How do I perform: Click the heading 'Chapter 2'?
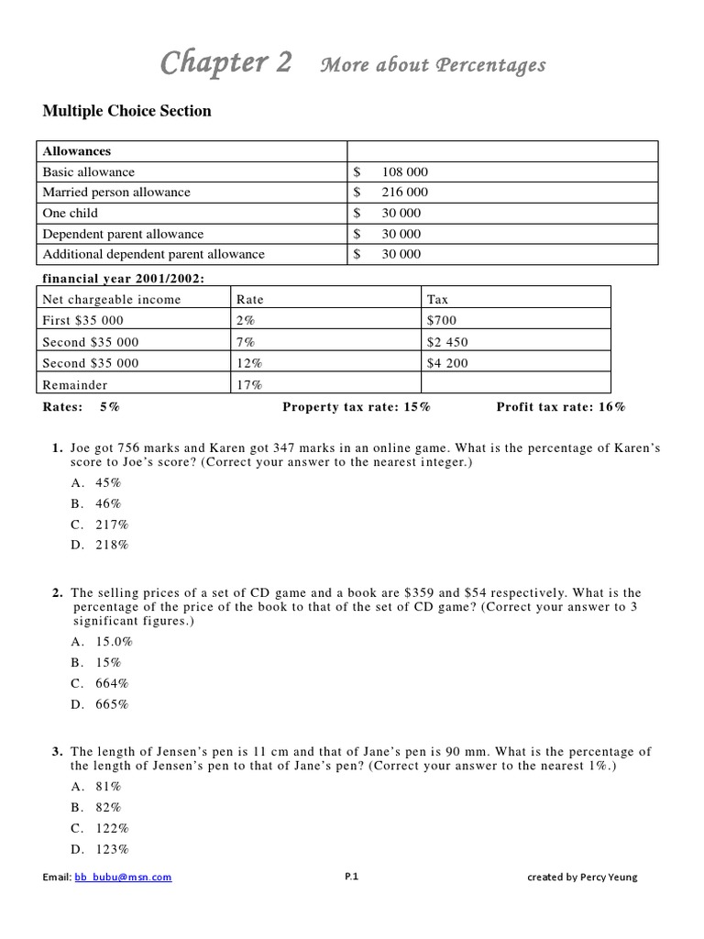[226, 62]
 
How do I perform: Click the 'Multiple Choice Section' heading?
[126, 111]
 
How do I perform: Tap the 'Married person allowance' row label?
[116, 193]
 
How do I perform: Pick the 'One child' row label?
[70, 213]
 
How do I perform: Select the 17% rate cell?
[249, 385]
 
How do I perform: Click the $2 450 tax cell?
[447, 342]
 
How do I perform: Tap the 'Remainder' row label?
[74, 385]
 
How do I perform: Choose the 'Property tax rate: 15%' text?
[357, 406]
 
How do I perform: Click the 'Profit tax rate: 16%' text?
[561, 406]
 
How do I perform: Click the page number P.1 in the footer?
[351, 877]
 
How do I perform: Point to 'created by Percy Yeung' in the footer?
[582, 877]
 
